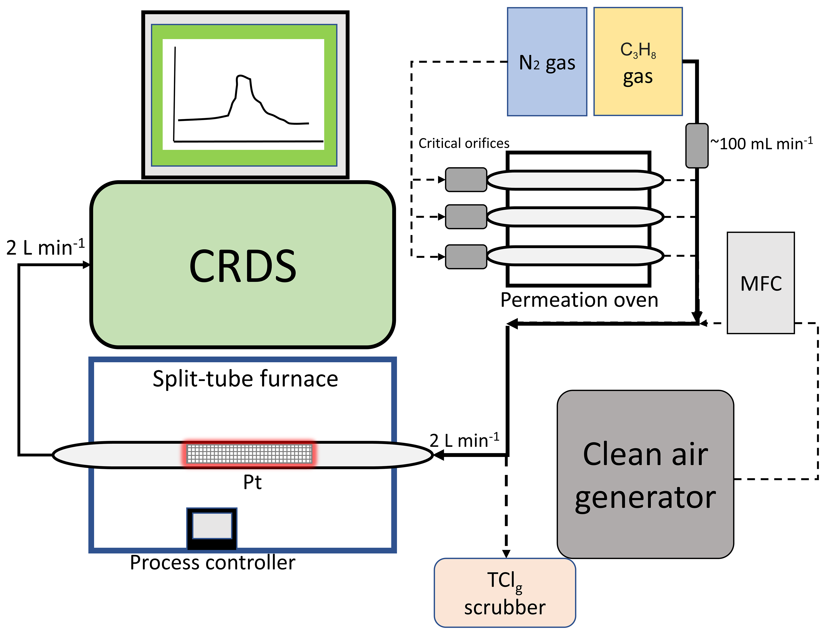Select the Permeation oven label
(x=579, y=300)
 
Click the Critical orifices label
(x=464, y=143)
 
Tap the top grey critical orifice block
(x=466, y=179)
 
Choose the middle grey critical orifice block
(x=466, y=217)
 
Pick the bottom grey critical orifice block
(x=466, y=257)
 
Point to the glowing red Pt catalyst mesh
(x=249, y=454)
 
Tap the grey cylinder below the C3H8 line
(x=697, y=145)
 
